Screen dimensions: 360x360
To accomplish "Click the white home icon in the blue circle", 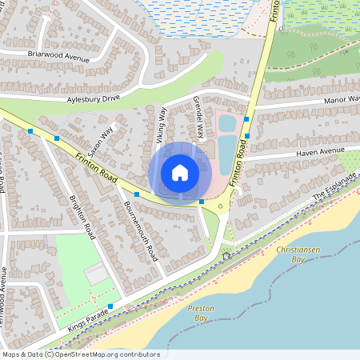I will [x=180, y=172].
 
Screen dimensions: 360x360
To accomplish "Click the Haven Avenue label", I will [x=319, y=150].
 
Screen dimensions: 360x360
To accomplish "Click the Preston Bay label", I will [x=202, y=313].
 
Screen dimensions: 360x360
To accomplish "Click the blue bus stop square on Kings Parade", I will [x=110, y=306].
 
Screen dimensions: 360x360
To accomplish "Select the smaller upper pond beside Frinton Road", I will [x=227, y=122].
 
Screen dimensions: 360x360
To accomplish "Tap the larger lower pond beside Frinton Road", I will [x=226, y=151].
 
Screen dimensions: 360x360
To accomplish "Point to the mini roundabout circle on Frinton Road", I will [x=221, y=206].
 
